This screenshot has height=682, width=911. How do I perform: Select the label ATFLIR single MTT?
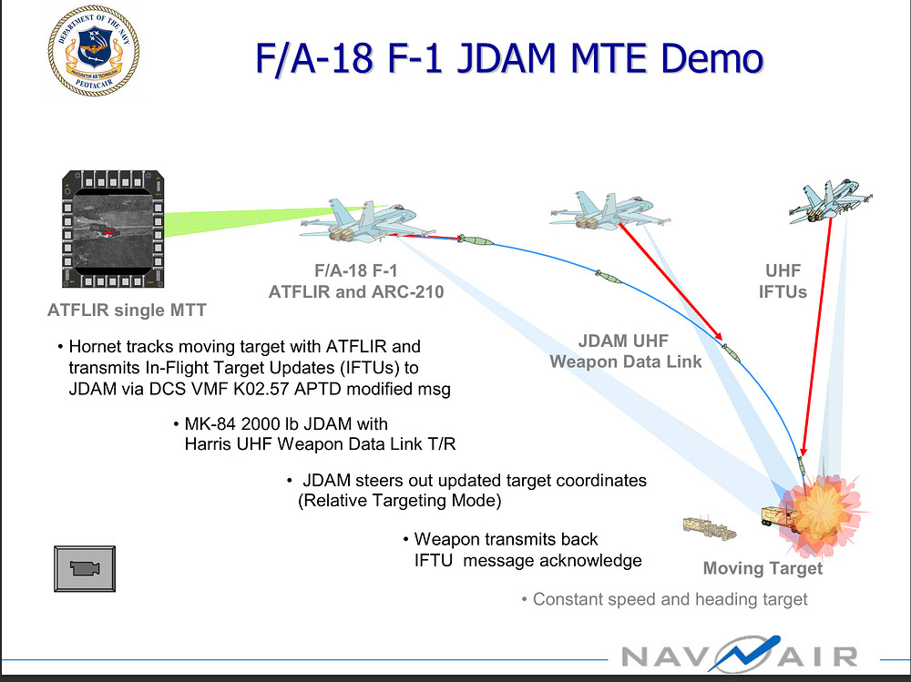click(127, 310)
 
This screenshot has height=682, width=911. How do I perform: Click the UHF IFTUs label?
click(784, 281)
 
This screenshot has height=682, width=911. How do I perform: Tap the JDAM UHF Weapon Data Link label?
click(625, 351)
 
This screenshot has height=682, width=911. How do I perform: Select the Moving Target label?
click(763, 569)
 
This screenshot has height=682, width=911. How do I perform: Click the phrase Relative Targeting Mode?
click(400, 501)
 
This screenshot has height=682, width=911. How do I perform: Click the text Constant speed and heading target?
click(670, 599)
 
